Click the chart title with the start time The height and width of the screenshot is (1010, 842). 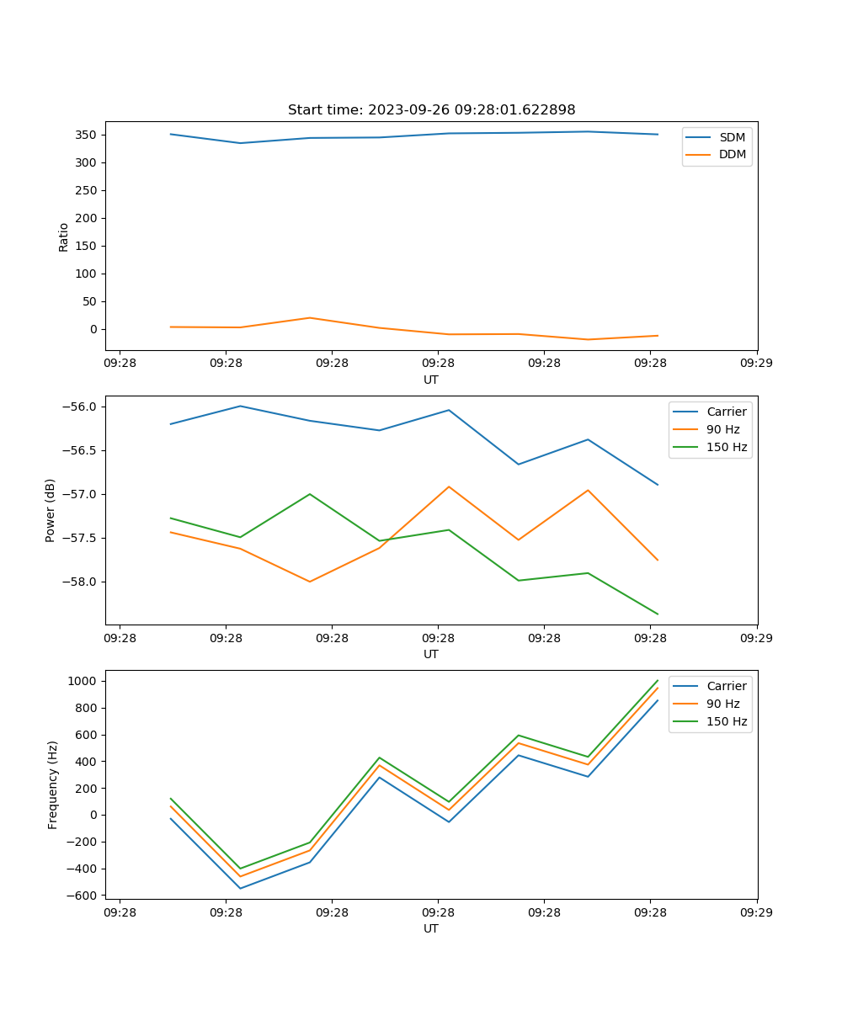point(431,110)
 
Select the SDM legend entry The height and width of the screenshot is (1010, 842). point(732,137)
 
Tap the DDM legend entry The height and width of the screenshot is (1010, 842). point(732,154)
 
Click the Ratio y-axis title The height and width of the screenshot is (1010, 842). point(64,237)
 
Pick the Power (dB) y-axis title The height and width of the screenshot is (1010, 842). point(51,510)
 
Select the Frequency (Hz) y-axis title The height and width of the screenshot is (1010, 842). point(53,784)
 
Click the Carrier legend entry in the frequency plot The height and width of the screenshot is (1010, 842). point(726,686)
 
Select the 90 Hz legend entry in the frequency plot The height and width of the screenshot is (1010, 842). point(722,704)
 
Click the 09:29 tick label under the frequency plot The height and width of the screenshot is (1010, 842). point(756,912)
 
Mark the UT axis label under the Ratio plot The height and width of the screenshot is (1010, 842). point(431,380)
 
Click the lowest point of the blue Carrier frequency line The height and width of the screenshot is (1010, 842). point(240,888)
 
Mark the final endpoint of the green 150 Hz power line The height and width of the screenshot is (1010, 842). point(658,614)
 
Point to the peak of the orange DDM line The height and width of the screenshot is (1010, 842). point(310,317)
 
